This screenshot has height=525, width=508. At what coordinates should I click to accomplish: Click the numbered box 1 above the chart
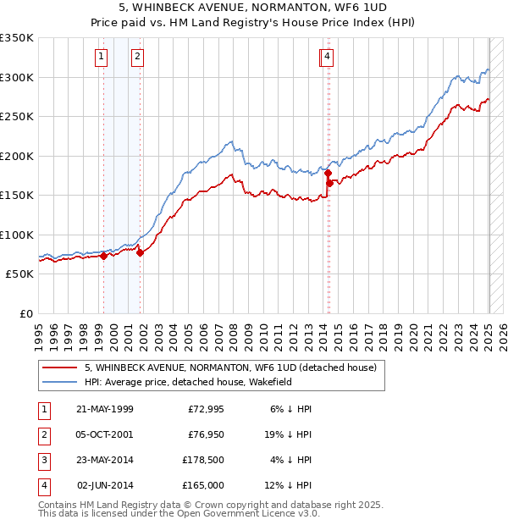tap(101, 57)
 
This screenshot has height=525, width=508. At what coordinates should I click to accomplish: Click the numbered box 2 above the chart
tap(136, 57)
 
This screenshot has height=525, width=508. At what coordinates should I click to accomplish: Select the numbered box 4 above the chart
tap(326, 57)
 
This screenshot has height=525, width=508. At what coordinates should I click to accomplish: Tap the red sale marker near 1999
tap(103, 256)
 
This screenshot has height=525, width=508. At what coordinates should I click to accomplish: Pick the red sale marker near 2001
tap(141, 252)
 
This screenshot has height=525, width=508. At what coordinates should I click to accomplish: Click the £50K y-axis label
tap(19, 274)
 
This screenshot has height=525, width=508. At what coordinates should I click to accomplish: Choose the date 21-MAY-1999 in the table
tap(104, 409)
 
